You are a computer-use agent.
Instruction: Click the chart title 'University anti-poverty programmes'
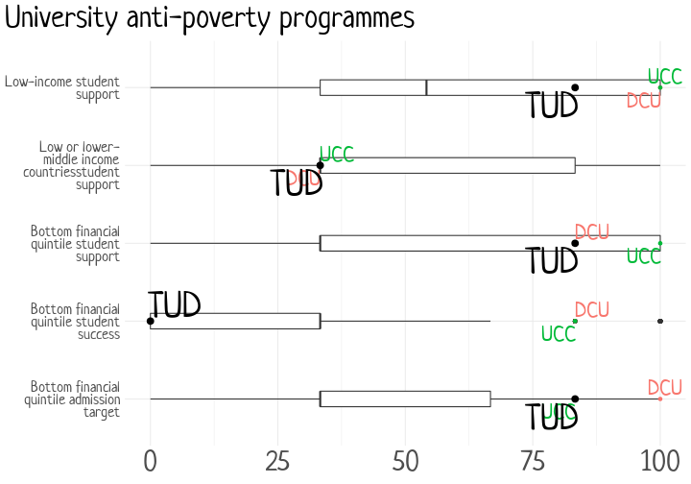click(x=209, y=19)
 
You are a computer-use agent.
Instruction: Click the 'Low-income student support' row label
click(x=62, y=87)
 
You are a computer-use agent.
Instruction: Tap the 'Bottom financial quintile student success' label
click(x=75, y=321)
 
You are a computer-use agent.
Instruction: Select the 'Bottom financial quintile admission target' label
click(x=73, y=399)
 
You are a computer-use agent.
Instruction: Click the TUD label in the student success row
click(x=174, y=305)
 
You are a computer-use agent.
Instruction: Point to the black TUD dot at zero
click(x=150, y=321)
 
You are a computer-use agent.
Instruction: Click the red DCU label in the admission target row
click(x=664, y=388)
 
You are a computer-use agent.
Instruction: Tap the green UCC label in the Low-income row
click(x=664, y=76)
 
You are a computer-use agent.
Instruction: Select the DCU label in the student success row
click(x=592, y=309)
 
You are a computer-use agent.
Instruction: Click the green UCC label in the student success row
click(x=559, y=334)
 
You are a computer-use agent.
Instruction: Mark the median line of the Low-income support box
click(x=426, y=87)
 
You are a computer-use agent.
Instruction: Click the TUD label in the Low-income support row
click(x=552, y=105)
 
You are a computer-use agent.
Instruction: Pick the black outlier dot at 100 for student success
click(x=660, y=321)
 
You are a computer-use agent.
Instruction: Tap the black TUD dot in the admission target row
click(x=575, y=399)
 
